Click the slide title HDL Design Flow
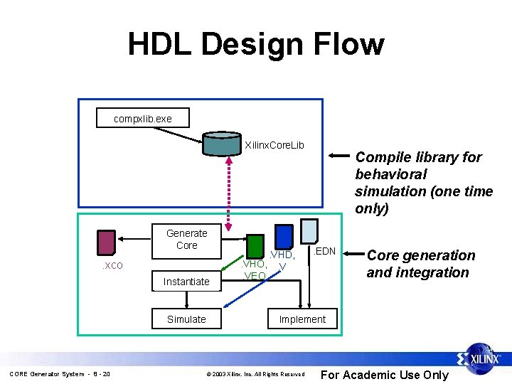tap(256, 44)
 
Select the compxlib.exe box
tap(142, 118)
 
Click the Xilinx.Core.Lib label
tap(274, 145)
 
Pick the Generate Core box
tap(186, 240)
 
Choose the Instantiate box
tap(186, 282)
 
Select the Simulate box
tap(186, 319)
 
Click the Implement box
tap(302, 319)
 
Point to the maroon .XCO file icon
tap(107, 242)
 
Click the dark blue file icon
tap(284, 237)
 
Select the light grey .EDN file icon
tap(309, 231)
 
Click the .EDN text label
tap(325, 251)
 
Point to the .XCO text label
tap(111, 266)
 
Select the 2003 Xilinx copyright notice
tap(255, 374)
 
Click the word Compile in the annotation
tap(380, 157)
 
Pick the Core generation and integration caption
tap(421, 264)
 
